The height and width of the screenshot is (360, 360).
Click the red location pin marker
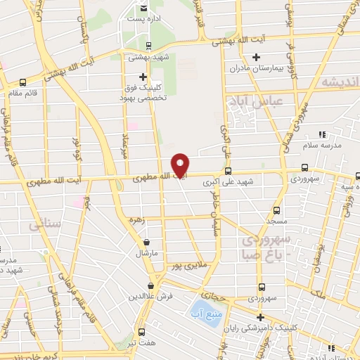point(181,165)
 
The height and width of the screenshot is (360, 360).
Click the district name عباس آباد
point(253,103)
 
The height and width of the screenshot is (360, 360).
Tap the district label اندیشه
point(335,83)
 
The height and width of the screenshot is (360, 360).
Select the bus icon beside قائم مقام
point(24,82)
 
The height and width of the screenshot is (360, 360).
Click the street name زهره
point(136,220)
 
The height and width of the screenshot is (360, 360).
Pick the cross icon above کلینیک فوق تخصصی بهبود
point(143,77)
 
